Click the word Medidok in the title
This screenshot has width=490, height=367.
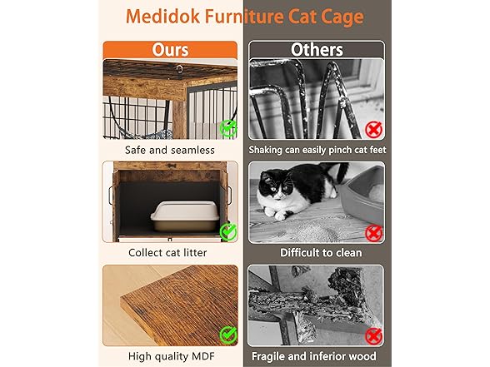[162, 17]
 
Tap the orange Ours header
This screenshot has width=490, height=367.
[170, 50]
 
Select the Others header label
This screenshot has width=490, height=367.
[317, 50]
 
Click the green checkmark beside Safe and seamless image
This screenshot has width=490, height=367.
[228, 128]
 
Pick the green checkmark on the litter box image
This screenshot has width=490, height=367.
[228, 231]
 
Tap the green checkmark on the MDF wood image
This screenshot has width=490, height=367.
[228, 335]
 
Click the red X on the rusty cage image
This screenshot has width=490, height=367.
[373, 130]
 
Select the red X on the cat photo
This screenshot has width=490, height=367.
[373, 233]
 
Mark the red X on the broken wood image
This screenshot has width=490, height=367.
[373, 336]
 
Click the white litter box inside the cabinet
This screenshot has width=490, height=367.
[184, 216]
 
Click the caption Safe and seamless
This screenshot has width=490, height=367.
[170, 150]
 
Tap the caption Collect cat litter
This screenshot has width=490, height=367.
[167, 252]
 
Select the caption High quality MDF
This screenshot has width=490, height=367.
[172, 356]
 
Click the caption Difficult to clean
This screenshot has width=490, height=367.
[321, 252]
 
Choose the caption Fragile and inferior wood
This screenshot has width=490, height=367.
[313, 356]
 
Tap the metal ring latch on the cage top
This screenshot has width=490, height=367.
[180, 69]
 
